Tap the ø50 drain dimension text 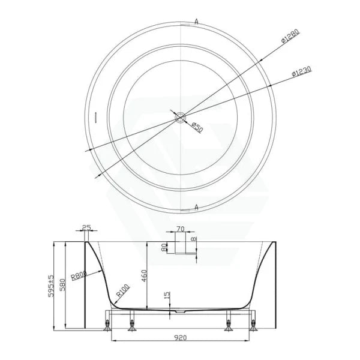point(196,125)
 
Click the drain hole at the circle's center point(180,118)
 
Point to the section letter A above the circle point(196,21)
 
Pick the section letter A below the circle point(196,207)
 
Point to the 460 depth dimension point(145,276)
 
